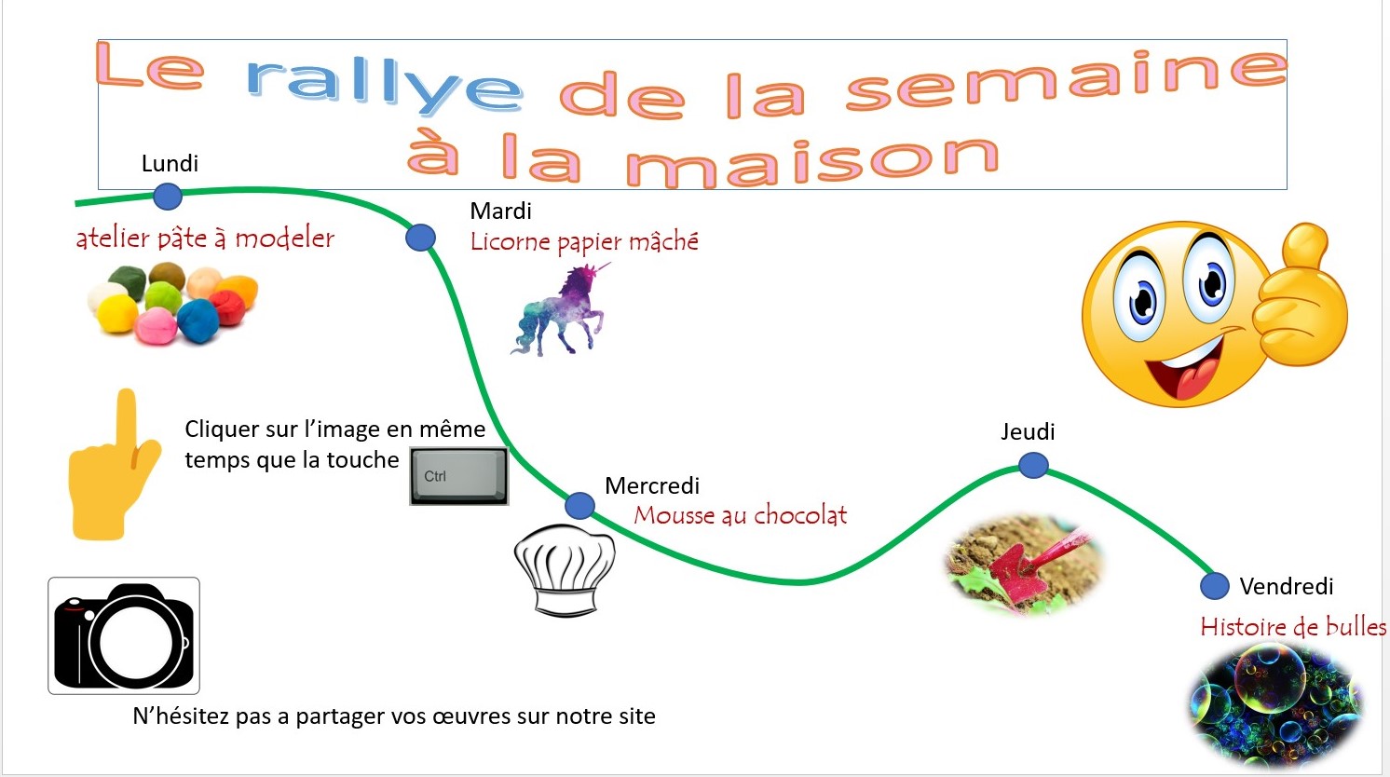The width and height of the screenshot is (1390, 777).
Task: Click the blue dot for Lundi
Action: (168, 197)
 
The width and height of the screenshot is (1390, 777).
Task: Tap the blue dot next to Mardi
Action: (421, 237)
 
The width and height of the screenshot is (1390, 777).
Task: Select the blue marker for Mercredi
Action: (580, 506)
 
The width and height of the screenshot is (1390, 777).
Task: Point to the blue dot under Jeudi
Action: (1034, 465)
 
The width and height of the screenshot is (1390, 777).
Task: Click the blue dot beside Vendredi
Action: (1215, 586)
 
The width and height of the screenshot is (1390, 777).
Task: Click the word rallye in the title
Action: (385, 84)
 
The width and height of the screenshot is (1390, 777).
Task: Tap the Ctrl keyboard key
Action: (459, 476)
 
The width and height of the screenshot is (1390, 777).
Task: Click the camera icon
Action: (124, 635)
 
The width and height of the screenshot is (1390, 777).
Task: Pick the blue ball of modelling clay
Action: (198, 320)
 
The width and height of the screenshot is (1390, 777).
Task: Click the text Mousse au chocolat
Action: (741, 515)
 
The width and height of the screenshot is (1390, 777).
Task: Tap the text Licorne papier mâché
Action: (584, 242)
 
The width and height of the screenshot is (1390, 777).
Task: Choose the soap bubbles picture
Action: (1275, 704)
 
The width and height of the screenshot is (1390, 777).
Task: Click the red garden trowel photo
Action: (1024, 565)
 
